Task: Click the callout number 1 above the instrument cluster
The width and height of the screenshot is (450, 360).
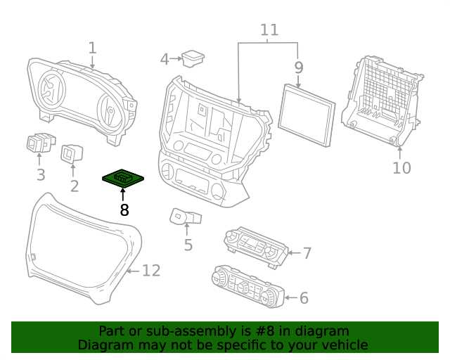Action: (x=92, y=48)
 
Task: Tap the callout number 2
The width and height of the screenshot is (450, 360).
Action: (x=74, y=186)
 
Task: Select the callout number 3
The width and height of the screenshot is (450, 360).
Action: (x=41, y=174)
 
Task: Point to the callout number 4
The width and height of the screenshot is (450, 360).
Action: (x=165, y=59)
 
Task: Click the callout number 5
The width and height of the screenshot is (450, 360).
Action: (x=188, y=245)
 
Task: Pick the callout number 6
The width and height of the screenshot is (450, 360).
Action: (x=304, y=298)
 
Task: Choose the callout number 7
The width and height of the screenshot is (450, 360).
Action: (x=307, y=252)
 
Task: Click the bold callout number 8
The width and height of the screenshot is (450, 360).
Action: (x=124, y=210)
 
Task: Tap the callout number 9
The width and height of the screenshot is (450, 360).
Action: (x=299, y=67)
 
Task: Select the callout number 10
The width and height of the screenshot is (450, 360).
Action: (x=401, y=167)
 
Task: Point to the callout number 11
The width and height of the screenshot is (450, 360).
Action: (x=269, y=30)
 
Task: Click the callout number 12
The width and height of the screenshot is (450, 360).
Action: (x=151, y=271)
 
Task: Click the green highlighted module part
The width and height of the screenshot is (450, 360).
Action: (x=124, y=180)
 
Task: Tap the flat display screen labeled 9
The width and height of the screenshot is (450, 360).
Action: (x=307, y=114)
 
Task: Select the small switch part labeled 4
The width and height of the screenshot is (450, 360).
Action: (x=192, y=58)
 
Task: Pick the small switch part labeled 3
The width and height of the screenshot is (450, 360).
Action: (x=41, y=143)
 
